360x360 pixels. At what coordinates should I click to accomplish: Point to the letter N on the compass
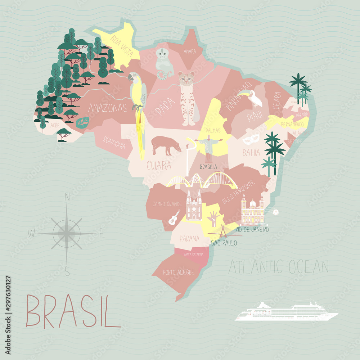[x=67, y=197]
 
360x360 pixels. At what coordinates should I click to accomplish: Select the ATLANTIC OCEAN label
[x=278, y=267]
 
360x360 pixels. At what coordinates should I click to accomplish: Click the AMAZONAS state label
[x=108, y=108]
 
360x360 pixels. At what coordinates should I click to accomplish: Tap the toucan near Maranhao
[x=254, y=98]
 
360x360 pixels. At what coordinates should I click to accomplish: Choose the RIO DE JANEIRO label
[x=252, y=229]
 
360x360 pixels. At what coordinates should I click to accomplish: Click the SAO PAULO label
[x=224, y=243]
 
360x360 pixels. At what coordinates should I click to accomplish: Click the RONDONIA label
[x=114, y=143]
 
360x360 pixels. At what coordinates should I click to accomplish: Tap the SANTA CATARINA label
[x=193, y=254]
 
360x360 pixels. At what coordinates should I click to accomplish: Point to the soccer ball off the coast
[x=275, y=212]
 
